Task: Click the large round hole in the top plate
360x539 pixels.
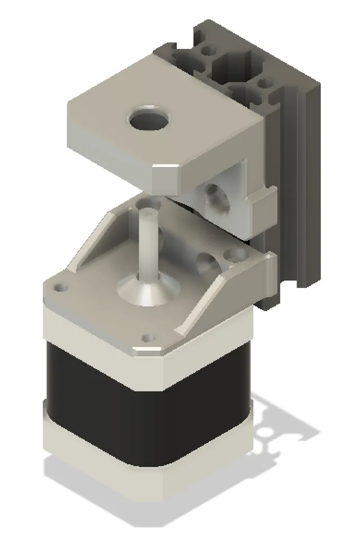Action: point(149,118)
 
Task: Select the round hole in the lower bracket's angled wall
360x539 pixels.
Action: point(207,262)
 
